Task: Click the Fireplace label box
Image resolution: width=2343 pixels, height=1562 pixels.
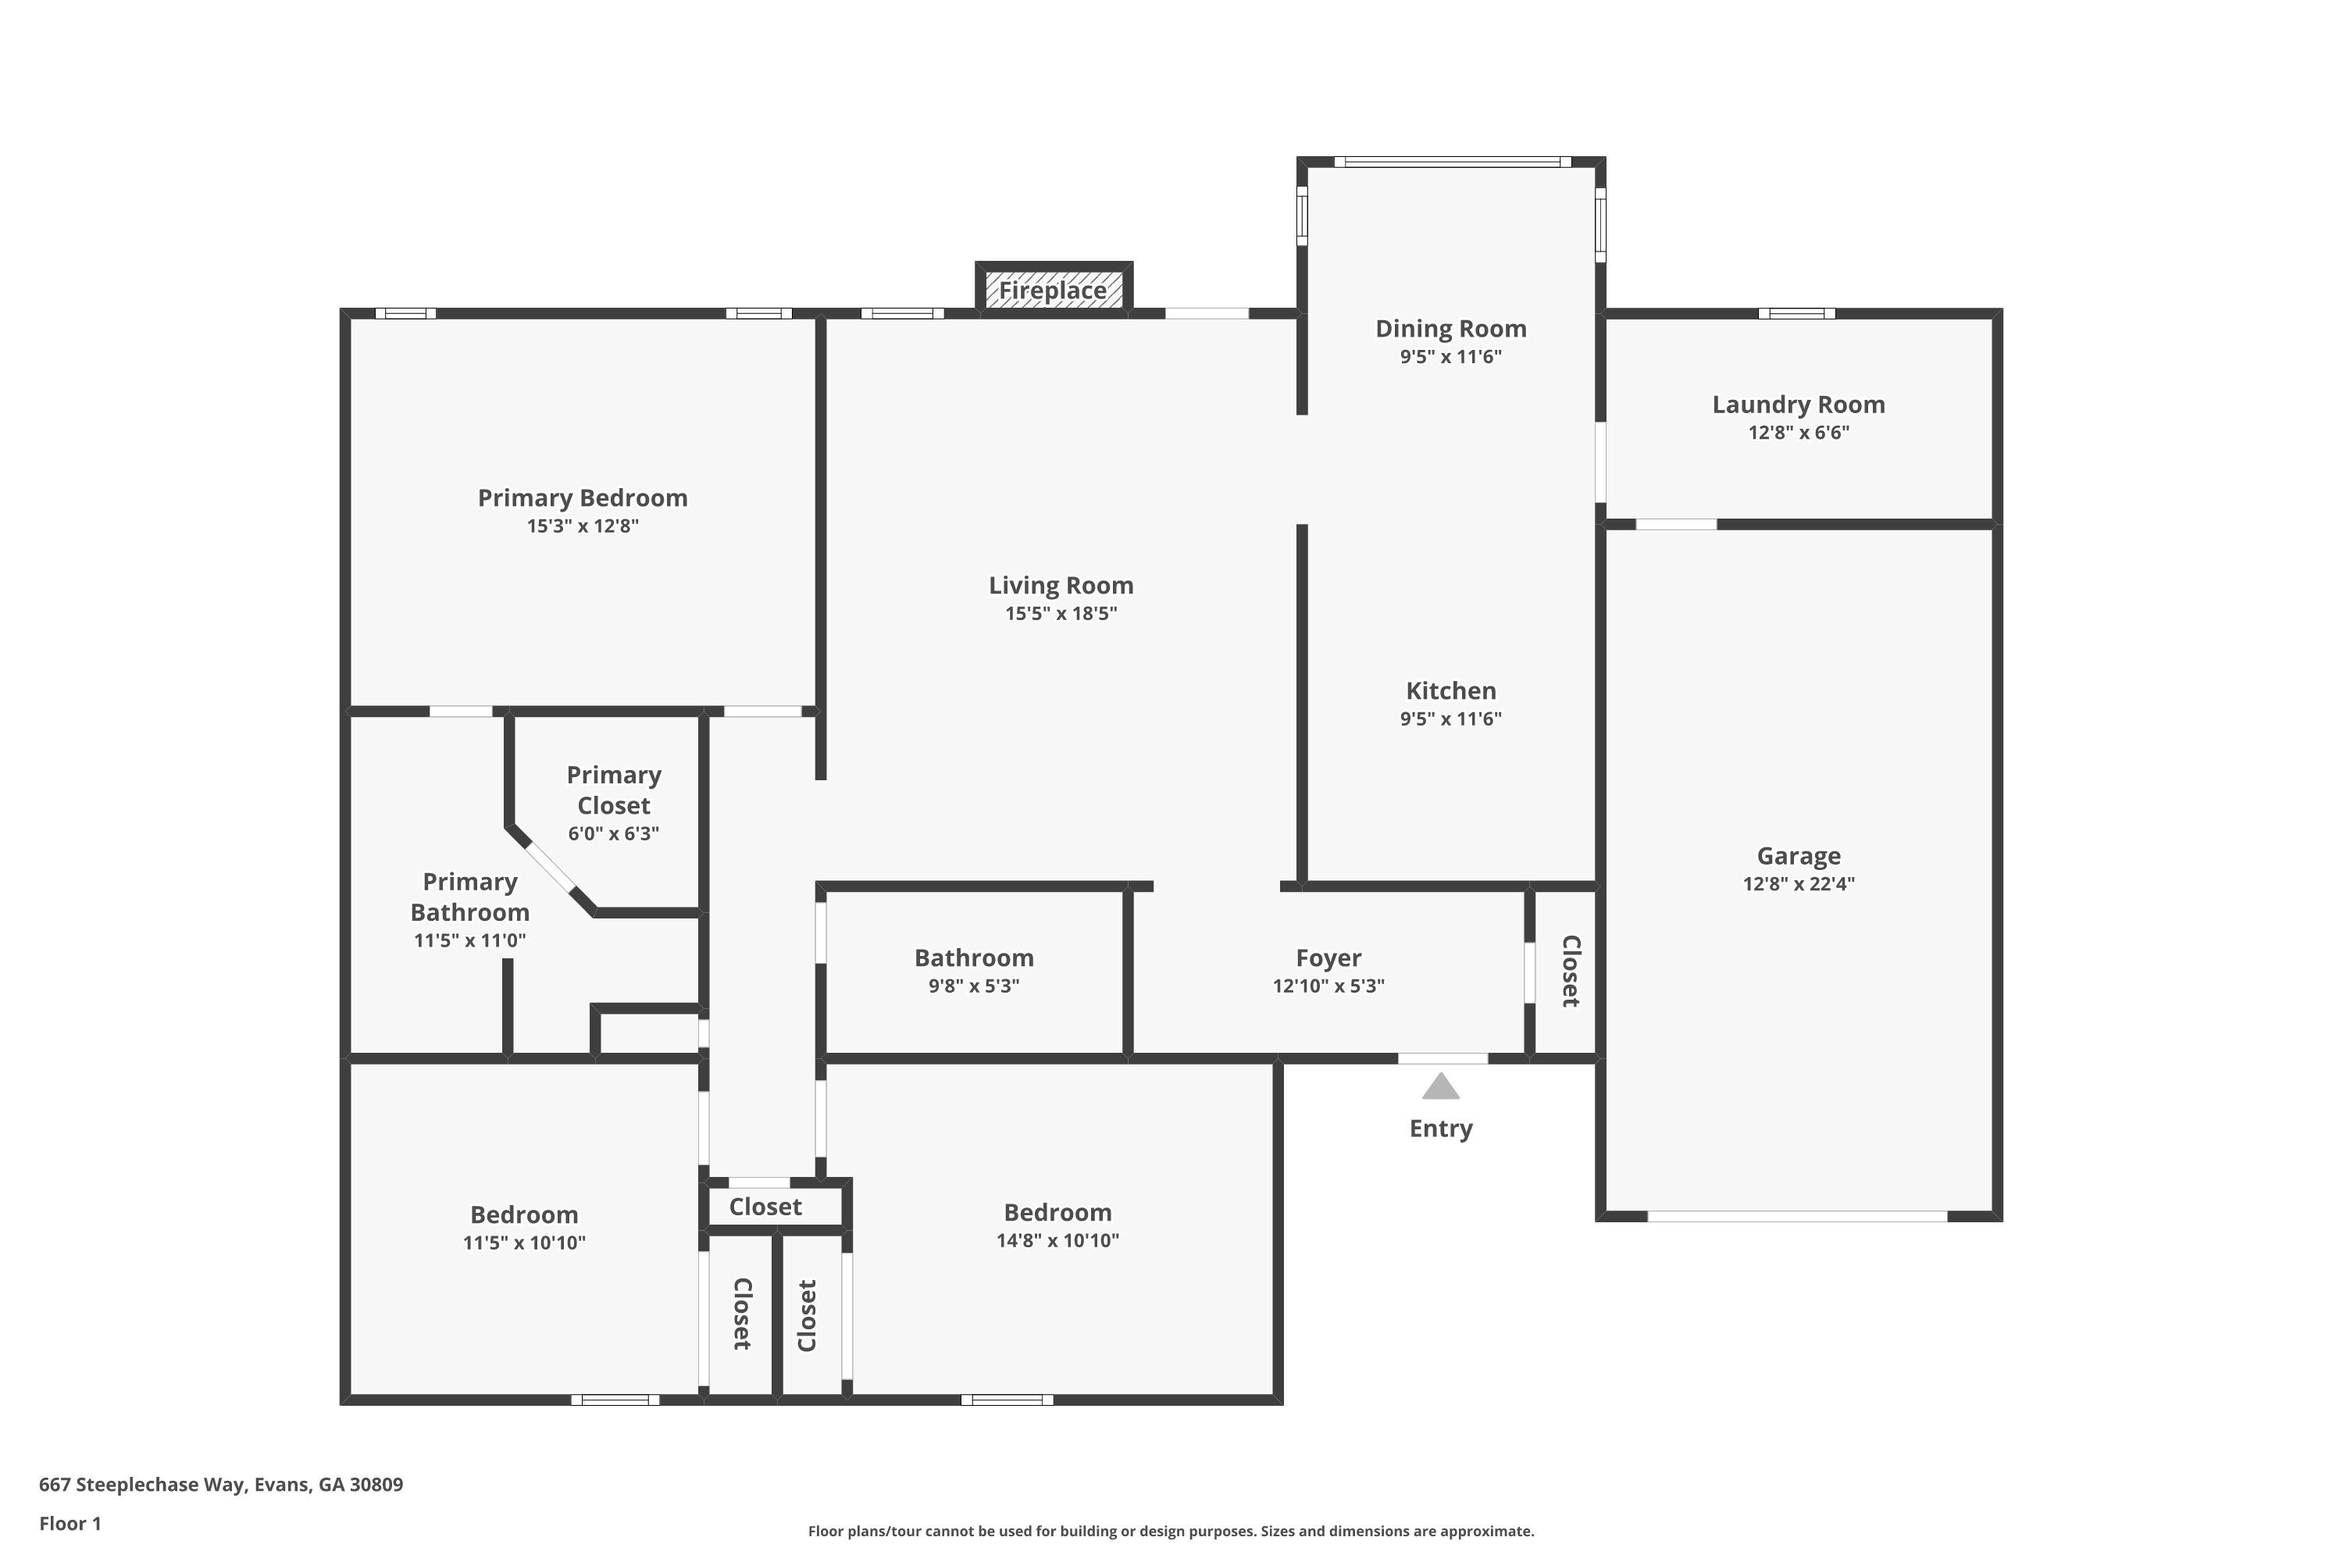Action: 1053,290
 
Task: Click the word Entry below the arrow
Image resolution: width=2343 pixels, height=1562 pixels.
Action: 1440,1129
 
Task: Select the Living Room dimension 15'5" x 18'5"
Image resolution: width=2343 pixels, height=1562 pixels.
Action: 1061,614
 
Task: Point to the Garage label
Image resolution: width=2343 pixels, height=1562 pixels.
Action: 1798,856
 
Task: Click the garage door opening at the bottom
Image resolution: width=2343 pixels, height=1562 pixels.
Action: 1797,1216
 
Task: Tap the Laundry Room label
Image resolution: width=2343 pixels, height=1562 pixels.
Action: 1798,405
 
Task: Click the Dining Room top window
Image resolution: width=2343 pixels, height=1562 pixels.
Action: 1451,162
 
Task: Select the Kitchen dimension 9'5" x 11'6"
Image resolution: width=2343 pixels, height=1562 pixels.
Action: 1450,719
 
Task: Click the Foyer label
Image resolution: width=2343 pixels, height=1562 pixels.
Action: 1328,958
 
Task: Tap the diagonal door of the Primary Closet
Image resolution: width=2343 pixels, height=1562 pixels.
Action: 550,867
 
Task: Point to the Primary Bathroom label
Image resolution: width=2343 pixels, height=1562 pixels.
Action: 469,897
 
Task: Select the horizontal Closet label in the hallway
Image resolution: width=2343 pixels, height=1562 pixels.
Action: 765,1207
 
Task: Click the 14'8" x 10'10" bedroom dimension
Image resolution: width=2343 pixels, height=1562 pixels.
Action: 1057,1241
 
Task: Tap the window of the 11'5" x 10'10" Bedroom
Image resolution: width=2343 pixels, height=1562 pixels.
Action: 615,1400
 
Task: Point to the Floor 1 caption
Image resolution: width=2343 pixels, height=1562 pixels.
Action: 70,1523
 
